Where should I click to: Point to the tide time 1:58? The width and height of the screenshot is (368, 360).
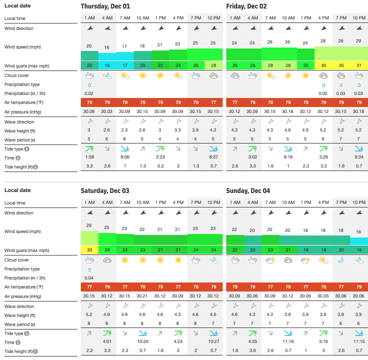coord(89,157)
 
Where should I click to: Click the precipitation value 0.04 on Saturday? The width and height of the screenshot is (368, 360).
coord(89,277)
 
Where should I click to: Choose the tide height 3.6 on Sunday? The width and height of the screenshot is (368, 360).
coord(253,350)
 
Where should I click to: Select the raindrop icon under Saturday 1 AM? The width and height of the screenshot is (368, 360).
coord(89,269)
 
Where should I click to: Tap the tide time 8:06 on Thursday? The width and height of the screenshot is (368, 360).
coord(125,157)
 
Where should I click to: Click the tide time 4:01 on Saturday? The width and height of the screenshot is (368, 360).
coord(107,341)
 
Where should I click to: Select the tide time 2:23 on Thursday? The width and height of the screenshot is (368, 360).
coord(160,157)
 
